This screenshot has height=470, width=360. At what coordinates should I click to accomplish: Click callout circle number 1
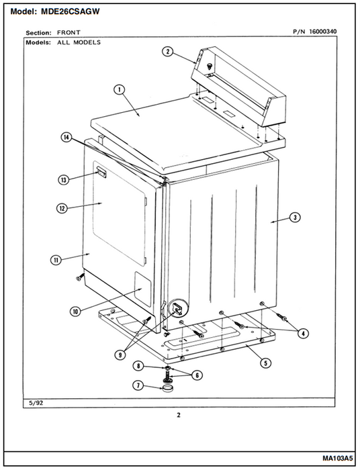120,89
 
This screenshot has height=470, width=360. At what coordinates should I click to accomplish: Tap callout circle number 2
167,52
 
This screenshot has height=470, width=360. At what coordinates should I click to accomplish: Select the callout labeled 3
295,218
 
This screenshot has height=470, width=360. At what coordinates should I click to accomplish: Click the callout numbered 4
304,333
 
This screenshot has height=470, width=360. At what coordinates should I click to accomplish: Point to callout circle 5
265,363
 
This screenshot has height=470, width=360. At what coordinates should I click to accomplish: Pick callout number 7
138,385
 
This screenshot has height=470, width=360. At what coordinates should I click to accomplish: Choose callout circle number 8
138,366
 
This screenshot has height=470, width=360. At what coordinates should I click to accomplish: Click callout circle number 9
120,355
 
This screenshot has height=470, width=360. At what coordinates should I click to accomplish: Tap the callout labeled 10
75,312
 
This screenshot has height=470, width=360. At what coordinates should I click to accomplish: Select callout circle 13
63,180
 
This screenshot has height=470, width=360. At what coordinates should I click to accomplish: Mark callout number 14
66,138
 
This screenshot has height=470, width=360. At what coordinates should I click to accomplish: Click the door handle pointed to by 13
101,173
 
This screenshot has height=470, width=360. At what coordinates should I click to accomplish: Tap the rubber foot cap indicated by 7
168,389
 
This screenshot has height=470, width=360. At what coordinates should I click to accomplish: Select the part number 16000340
322,32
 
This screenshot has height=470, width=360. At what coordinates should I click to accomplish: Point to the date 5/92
36,403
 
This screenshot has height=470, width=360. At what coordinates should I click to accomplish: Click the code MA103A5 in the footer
338,459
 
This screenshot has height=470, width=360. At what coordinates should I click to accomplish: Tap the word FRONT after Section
69,32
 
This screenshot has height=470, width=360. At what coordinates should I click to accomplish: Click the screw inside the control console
210,66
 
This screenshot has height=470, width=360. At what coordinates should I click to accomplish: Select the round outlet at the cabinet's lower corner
179,308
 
